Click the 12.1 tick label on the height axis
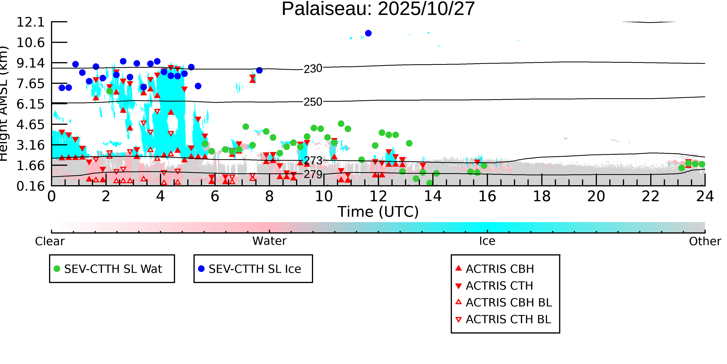[x=30, y=22]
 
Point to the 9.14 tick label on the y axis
[x=30, y=63]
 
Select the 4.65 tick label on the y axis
[x=30, y=125]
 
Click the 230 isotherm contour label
[x=313, y=69]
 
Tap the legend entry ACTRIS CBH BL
[x=509, y=303]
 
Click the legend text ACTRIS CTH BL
[x=508, y=320]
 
